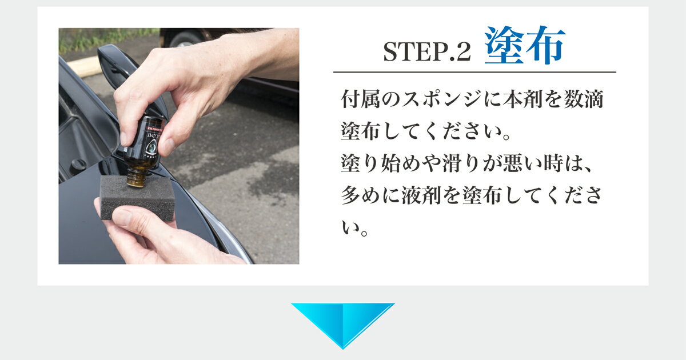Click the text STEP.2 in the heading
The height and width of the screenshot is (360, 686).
pyautogui.click(x=426, y=52)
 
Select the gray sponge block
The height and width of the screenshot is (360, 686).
pyautogui.click(x=137, y=197)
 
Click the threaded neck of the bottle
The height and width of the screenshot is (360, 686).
pyautogui.click(x=136, y=176)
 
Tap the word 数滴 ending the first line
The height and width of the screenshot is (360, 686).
pyautogui.click(x=586, y=101)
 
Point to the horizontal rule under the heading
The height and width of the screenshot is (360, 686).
pyautogui.click(x=474, y=72)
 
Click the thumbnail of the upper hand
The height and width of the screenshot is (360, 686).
pyautogui.click(x=125, y=137)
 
